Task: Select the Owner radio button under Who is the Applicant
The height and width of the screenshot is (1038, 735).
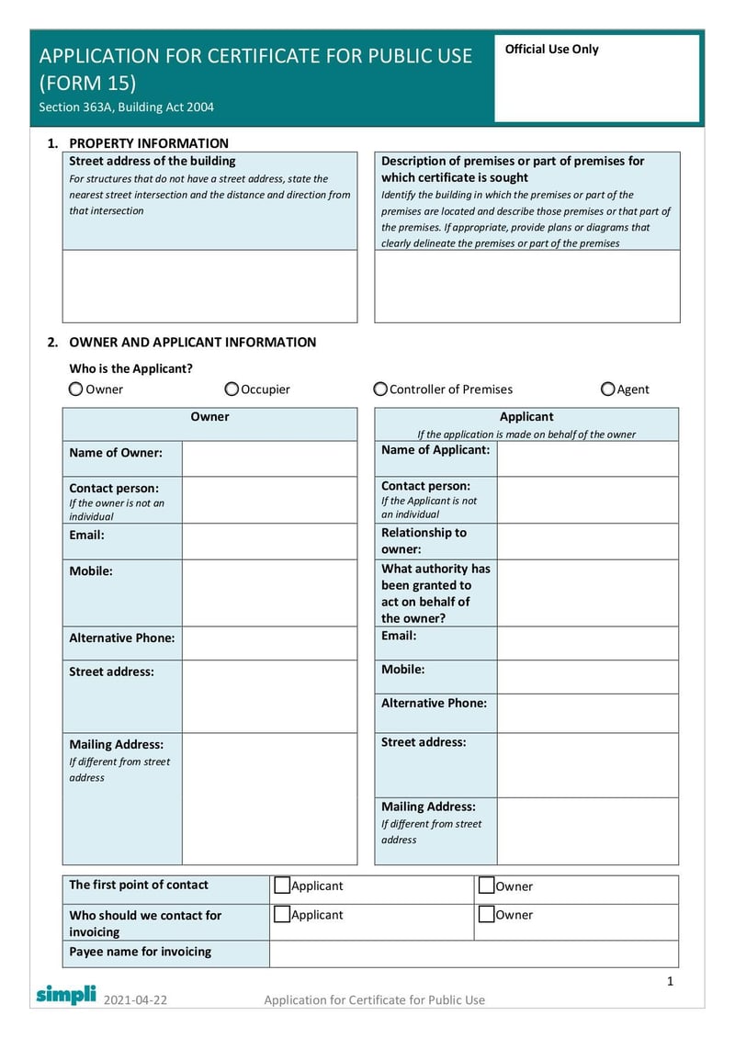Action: pyautogui.click(x=75, y=389)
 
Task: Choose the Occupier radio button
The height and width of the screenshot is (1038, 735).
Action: pyautogui.click(x=232, y=389)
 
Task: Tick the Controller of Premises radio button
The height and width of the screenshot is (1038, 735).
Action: pyautogui.click(x=380, y=389)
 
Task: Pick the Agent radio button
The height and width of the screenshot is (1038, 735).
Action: pyautogui.click(x=607, y=389)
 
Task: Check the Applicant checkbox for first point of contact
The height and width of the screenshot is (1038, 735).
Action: pyautogui.click(x=282, y=886)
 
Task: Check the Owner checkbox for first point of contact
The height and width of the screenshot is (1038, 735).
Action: pyautogui.click(x=486, y=886)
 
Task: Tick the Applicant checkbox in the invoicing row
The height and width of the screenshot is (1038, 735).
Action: pyautogui.click(x=282, y=914)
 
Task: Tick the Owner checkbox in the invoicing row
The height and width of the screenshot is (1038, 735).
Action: pyautogui.click(x=486, y=914)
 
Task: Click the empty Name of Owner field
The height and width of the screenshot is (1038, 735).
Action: pyautogui.click(x=269, y=458)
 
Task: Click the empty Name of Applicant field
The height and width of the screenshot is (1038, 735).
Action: pyautogui.click(x=587, y=458)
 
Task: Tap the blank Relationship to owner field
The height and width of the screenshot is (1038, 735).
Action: pyautogui.click(x=587, y=541)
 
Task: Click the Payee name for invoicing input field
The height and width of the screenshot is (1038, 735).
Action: pyautogui.click(x=473, y=953)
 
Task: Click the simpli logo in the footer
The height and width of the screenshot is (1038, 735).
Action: pyautogui.click(x=65, y=994)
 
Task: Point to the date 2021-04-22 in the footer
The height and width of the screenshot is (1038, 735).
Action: pyautogui.click(x=135, y=999)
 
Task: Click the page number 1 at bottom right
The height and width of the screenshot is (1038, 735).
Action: pyautogui.click(x=670, y=981)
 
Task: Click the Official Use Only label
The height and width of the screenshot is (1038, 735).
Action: pyautogui.click(x=551, y=50)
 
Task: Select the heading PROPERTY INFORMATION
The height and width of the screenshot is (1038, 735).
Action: pyautogui.click(x=149, y=143)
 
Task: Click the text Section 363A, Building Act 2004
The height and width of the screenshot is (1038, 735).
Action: pyautogui.click(x=127, y=107)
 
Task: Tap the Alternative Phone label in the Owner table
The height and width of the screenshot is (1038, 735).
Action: pyautogui.click(x=121, y=637)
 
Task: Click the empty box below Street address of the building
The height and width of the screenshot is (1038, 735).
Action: pyautogui.click(x=209, y=286)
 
